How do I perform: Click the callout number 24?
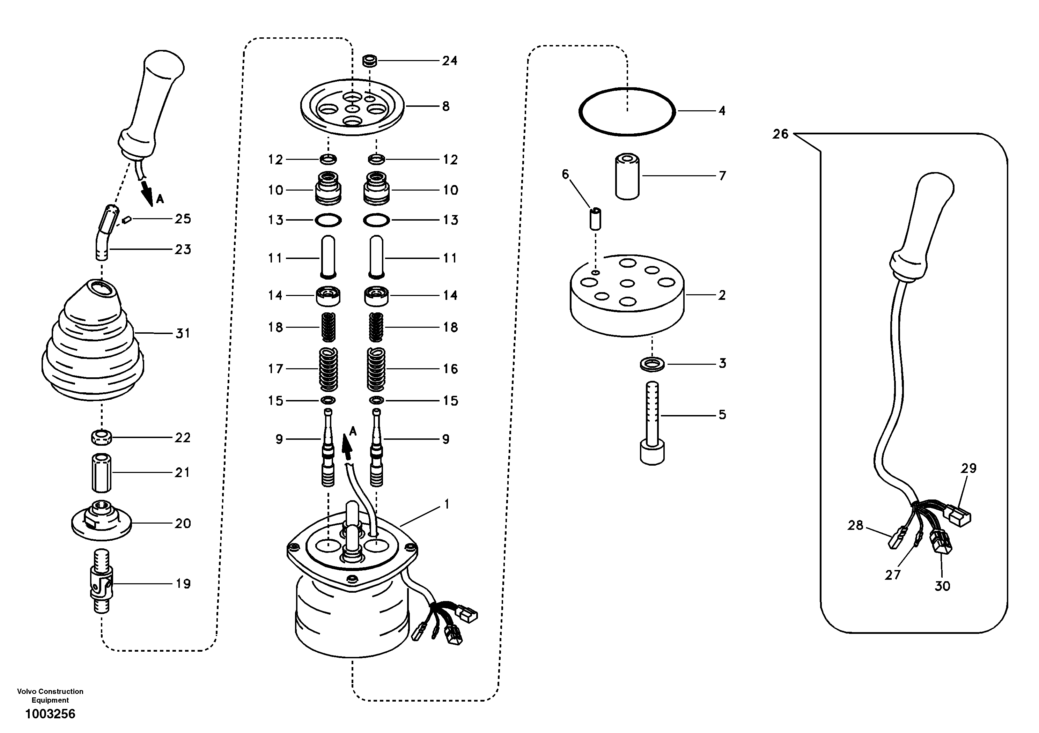(449, 61)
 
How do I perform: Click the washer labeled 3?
(652, 363)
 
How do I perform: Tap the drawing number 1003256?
(50, 714)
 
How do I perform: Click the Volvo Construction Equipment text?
(50, 695)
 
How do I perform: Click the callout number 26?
(780, 134)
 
